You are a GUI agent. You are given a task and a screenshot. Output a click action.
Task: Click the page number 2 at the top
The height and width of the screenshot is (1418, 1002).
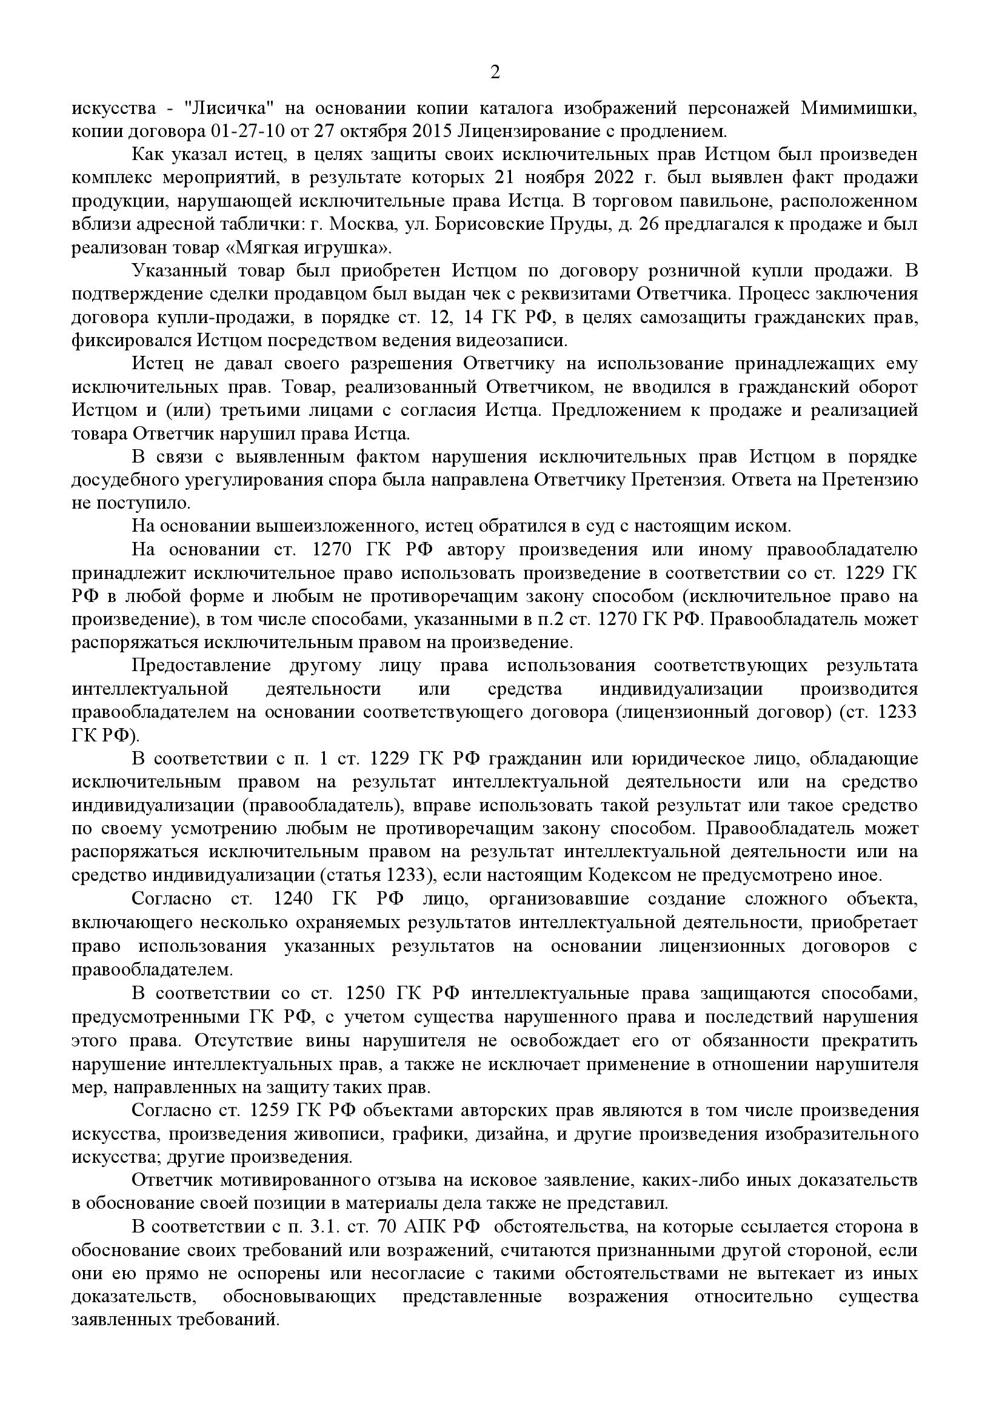tap(495, 73)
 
